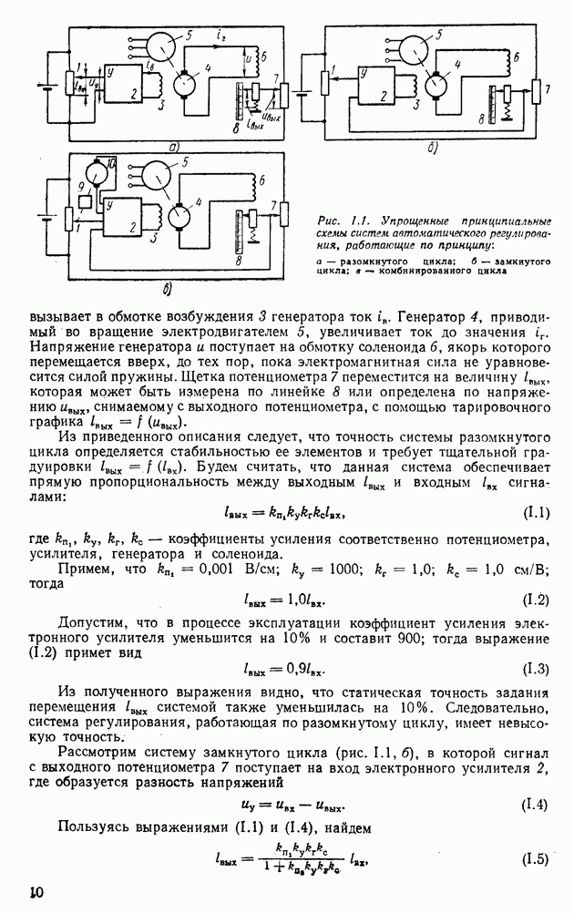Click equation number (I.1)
[536, 514]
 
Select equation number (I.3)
[536, 670]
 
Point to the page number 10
[36, 892]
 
